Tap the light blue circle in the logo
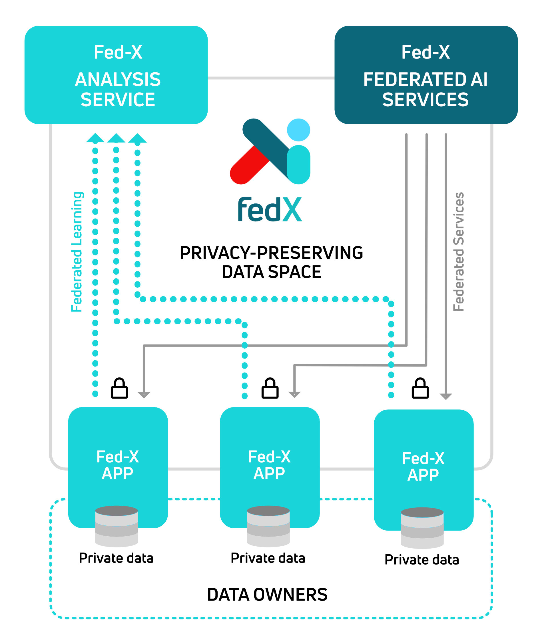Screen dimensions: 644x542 [298, 130]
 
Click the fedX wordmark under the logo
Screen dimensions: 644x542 [270, 210]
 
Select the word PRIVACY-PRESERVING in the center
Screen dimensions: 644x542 [271, 253]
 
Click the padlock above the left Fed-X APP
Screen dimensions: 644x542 [119, 389]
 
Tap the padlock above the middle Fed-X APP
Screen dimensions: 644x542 [270, 389]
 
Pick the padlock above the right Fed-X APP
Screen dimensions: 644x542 [420, 389]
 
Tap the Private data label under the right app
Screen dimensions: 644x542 [422, 559]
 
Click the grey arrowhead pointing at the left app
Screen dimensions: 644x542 [144, 395]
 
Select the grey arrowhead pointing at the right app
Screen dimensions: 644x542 [445, 396]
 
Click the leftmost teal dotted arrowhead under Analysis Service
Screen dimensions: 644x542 [95, 138]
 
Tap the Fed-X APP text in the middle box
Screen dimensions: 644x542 [269, 465]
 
